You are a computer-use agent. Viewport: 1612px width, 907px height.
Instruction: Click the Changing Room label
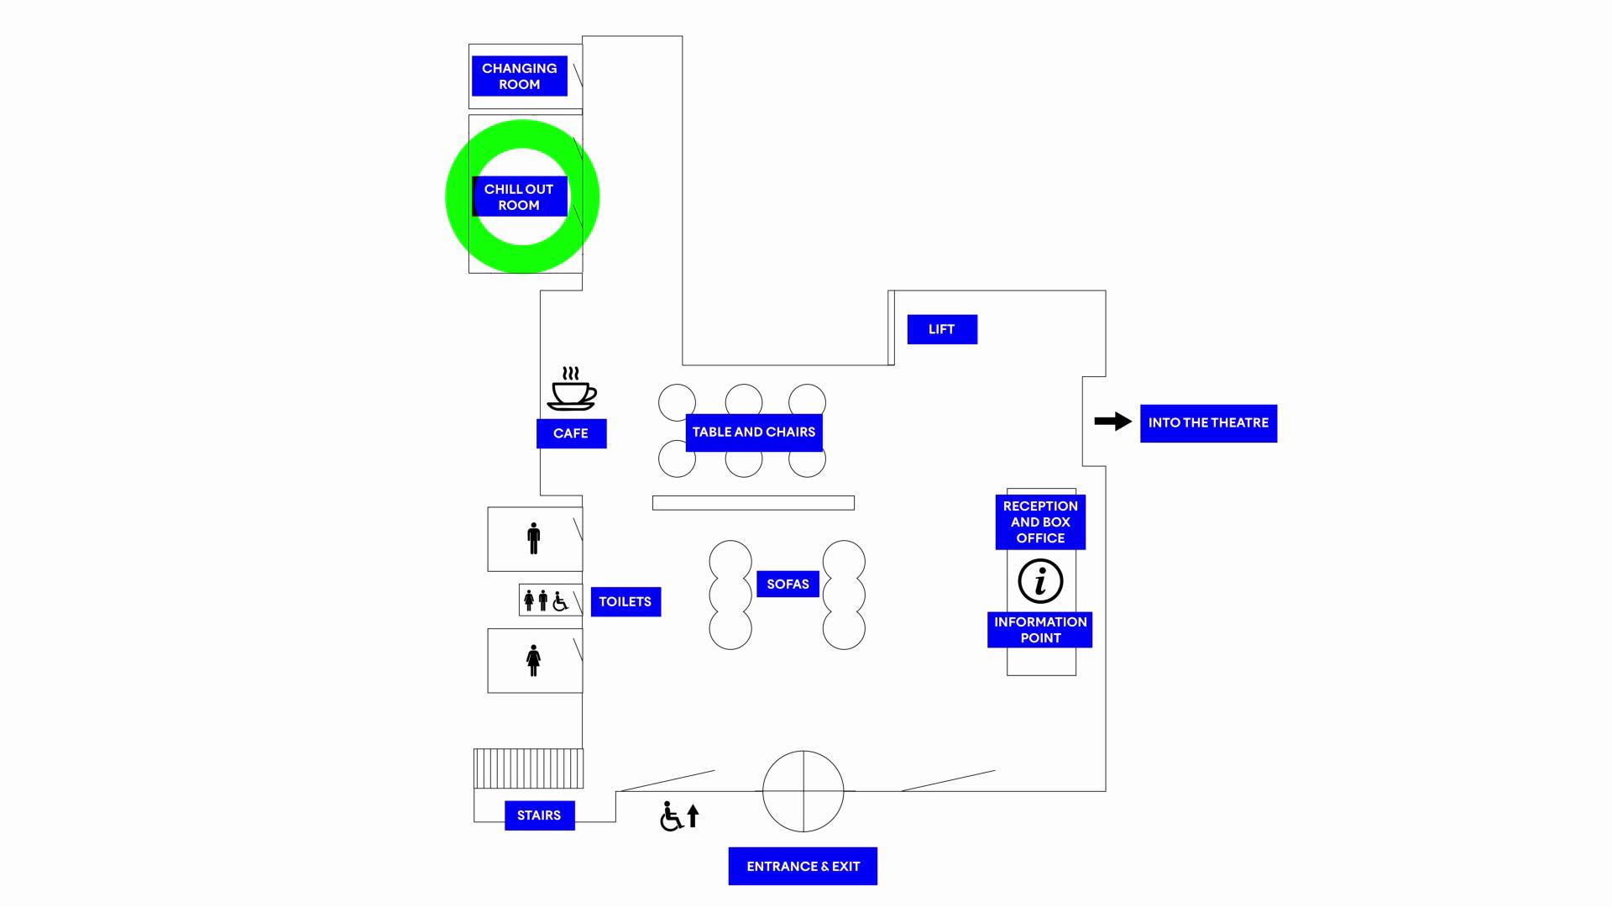[x=519, y=76]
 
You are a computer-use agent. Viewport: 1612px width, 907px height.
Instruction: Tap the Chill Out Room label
[x=519, y=197]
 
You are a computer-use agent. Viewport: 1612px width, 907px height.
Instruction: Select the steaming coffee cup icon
[x=572, y=390]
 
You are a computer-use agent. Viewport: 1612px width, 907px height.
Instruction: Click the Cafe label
[x=571, y=433]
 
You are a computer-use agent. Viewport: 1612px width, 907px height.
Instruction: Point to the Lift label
[x=942, y=329]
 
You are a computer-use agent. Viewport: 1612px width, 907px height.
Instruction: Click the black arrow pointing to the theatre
[x=1113, y=422]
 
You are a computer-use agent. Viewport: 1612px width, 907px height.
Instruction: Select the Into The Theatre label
[x=1208, y=423]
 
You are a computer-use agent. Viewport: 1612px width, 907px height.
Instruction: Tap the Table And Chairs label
[x=754, y=433]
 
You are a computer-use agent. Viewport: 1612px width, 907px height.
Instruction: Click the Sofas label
[x=788, y=585]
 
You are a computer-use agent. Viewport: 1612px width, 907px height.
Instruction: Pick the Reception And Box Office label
[x=1040, y=522]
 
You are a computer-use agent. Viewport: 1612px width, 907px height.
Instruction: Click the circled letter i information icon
[x=1040, y=581]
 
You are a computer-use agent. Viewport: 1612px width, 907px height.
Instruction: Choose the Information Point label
[x=1039, y=630]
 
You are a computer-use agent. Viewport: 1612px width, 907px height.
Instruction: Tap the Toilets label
[x=625, y=602]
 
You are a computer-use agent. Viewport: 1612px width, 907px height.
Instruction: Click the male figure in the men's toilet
[x=534, y=538]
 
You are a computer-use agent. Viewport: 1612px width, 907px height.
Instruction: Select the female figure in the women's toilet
[x=533, y=661]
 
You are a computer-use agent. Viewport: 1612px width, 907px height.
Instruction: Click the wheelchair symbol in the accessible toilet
[x=560, y=600]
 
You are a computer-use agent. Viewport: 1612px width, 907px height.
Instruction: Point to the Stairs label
[x=539, y=815]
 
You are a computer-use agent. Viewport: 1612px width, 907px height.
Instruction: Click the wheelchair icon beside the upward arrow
[x=671, y=816]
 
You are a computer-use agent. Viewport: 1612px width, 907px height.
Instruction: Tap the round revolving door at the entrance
[x=803, y=791]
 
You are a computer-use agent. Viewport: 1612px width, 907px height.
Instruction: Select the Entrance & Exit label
[x=803, y=867]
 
